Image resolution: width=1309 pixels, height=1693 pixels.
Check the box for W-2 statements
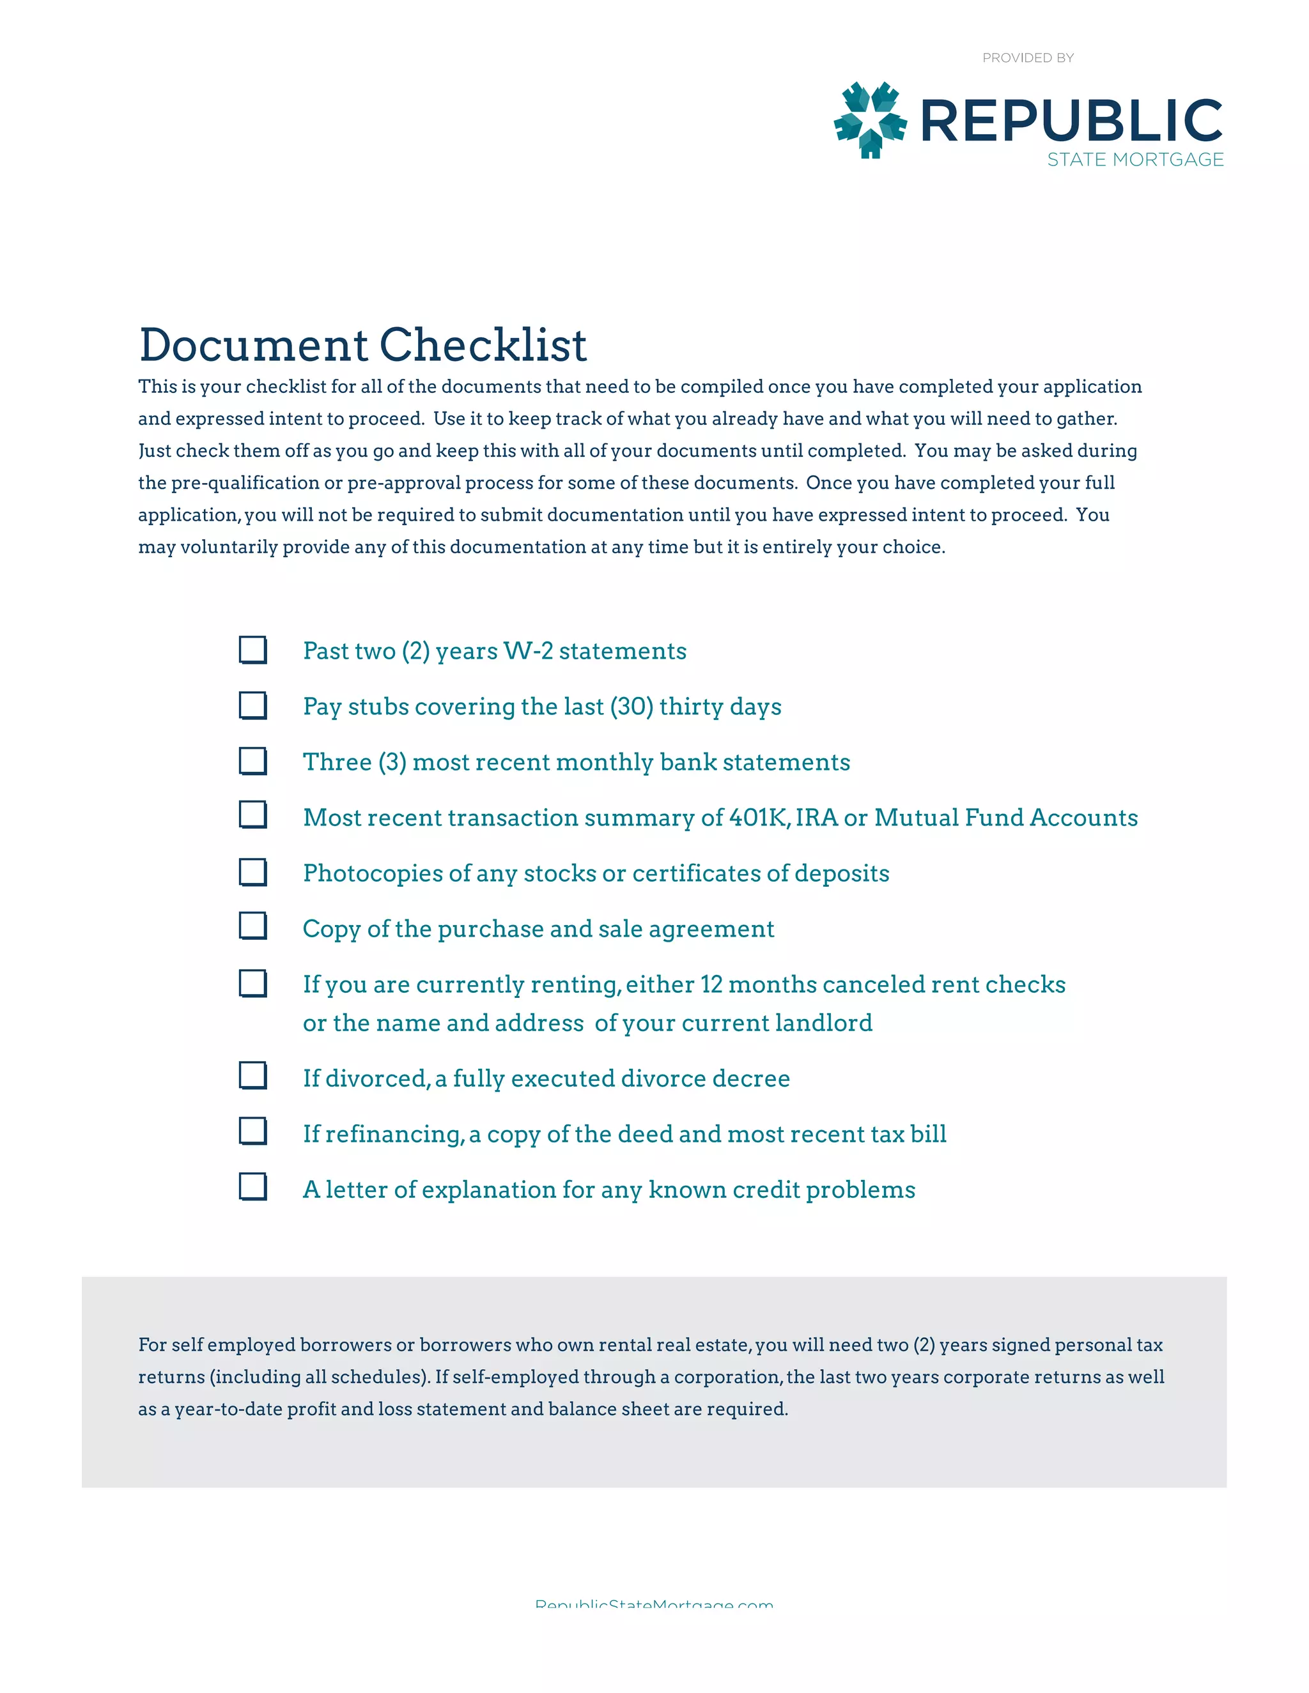click(x=253, y=650)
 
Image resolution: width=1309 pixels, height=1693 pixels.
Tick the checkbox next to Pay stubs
click(x=253, y=705)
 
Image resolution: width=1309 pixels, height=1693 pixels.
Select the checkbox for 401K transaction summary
click(x=253, y=815)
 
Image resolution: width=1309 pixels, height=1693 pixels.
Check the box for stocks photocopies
click(x=253, y=872)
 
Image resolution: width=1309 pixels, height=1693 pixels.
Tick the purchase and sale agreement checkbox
click(x=253, y=926)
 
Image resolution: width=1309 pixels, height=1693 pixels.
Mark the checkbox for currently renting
click(x=253, y=983)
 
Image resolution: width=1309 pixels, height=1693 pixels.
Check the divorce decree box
click(x=253, y=1075)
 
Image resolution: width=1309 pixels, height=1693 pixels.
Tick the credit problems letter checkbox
click(x=253, y=1187)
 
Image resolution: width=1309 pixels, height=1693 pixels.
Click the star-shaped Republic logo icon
click(x=870, y=120)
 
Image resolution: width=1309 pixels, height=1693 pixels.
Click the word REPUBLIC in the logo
click(x=1071, y=121)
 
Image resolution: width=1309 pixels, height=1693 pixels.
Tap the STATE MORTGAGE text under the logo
click(x=1135, y=160)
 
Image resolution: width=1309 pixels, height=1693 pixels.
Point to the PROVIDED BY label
click(x=1028, y=58)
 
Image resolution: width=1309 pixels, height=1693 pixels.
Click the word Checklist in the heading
click(x=483, y=345)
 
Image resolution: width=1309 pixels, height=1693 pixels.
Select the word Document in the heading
click(x=254, y=345)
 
